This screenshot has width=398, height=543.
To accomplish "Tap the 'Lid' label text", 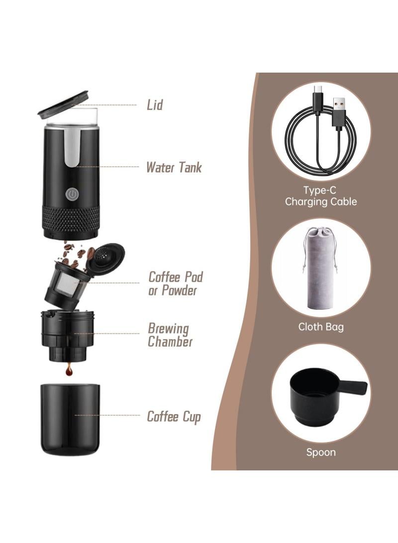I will click(x=155, y=105).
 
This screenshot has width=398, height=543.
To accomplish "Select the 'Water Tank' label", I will click(x=174, y=167).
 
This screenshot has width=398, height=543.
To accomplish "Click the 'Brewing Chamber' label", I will click(x=170, y=335).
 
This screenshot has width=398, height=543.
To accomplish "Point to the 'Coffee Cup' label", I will click(x=174, y=416).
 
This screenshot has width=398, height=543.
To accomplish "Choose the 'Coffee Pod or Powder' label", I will click(x=176, y=283).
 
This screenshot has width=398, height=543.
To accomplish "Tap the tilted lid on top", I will click(x=63, y=103).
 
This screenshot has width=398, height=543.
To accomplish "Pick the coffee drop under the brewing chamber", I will click(x=69, y=370).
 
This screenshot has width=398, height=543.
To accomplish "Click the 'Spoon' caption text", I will click(x=321, y=452).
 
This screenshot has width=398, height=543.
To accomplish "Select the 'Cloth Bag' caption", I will click(x=321, y=327).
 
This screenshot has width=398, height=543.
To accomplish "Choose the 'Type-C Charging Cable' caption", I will click(x=321, y=196).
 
